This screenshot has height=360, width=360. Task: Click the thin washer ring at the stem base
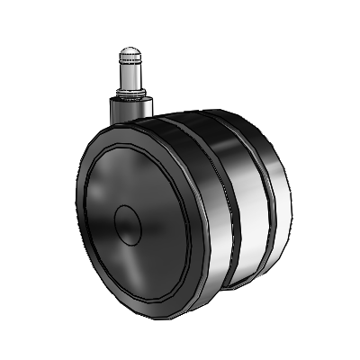[127, 95]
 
